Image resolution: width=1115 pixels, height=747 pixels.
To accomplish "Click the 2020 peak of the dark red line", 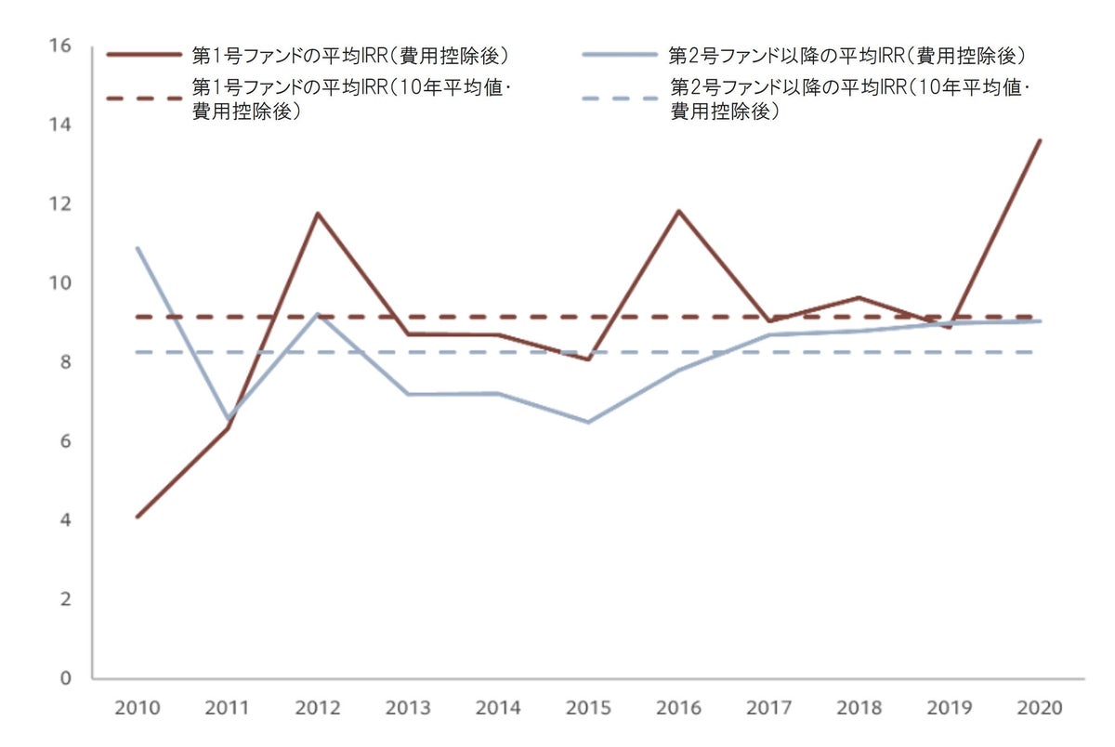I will pyautogui.click(x=1040, y=140).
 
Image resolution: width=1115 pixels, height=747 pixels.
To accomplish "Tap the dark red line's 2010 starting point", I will pyautogui.click(x=137, y=517).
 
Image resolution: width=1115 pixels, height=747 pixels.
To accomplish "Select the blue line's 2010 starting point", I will pyautogui.click(x=137, y=248).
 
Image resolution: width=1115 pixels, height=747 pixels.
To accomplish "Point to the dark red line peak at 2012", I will pyautogui.click(x=318, y=214).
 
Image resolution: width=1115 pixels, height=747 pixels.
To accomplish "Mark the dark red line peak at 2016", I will pyautogui.click(x=679, y=211).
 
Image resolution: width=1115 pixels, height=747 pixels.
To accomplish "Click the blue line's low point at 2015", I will pyautogui.click(x=588, y=422).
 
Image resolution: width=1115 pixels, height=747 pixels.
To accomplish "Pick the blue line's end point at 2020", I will pyautogui.click(x=1040, y=321).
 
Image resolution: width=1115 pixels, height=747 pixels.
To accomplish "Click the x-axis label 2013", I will pyautogui.click(x=408, y=709).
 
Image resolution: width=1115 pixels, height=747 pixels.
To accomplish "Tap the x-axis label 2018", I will pyautogui.click(x=859, y=709).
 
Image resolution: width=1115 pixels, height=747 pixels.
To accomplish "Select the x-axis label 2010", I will pyautogui.click(x=137, y=709).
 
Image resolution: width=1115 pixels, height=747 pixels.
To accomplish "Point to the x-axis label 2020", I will pyautogui.click(x=1040, y=709).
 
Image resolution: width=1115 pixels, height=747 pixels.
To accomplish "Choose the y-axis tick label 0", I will pyautogui.click(x=64, y=678).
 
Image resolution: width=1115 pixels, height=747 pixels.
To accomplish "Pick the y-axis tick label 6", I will pyautogui.click(x=64, y=441).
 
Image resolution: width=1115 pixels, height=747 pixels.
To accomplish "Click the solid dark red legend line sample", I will pyautogui.click(x=144, y=54).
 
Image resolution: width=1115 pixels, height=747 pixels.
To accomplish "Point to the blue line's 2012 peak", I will pyautogui.click(x=318, y=314).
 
